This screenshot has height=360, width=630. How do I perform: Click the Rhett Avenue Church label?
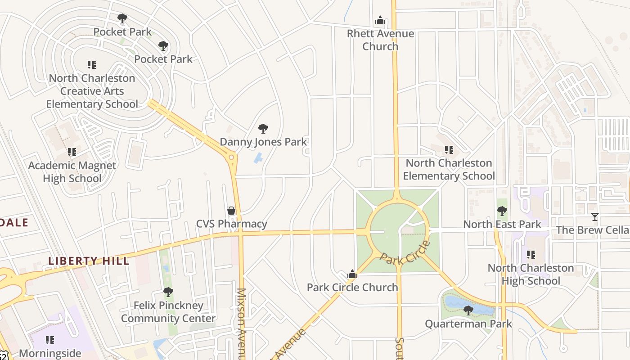click(380, 40)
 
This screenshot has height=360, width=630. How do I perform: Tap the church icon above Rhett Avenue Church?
click(380, 21)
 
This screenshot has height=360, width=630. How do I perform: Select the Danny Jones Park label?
click(263, 142)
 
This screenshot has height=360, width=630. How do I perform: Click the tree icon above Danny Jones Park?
click(263, 129)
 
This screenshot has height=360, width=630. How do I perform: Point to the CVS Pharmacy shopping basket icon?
click(231, 211)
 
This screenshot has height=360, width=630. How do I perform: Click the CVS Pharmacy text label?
click(231, 224)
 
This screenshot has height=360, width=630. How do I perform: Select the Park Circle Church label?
click(352, 287)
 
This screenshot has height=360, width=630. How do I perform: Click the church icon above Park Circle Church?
click(352, 274)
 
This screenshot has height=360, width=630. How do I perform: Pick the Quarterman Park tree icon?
click(468, 310)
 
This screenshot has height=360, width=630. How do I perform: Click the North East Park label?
click(502, 224)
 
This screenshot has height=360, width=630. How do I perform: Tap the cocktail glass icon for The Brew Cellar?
click(595, 217)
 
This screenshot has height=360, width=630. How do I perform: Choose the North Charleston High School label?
click(531, 274)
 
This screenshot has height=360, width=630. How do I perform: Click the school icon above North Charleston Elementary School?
click(449, 150)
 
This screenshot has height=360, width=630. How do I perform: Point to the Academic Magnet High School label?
click(72, 172)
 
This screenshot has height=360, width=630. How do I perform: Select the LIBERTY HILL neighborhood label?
click(89, 261)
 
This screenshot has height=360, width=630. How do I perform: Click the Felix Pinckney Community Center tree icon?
click(168, 292)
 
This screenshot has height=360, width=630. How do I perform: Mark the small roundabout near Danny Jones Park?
click(232, 157)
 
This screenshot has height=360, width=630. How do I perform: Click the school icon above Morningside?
click(50, 340)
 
